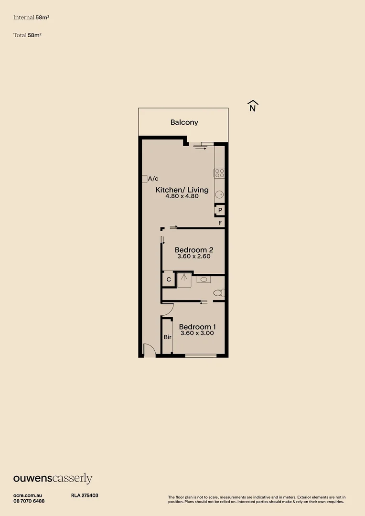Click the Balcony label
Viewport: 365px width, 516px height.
pyautogui.click(x=184, y=122)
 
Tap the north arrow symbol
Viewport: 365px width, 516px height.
pyautogui.click(x=253, y=106)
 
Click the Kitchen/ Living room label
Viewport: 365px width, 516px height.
pyautogui.click(x=182, y=190)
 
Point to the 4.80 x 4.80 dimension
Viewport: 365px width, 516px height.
pyautogui.click(x=182, y=196)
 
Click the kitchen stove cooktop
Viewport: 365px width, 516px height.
pyautogui.click(x=219, y=173)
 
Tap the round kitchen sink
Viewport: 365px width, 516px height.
pyautogui.click(x=219, y=194)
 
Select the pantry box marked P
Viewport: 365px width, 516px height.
pyautogui.click(x=220, y=210)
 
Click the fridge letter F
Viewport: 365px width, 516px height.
pyautogui.click(x=220, y=223)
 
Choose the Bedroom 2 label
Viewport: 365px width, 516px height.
pyautogui.click(x=193, y=250)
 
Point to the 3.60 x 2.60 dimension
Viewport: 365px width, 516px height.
pyautogui.click(x=193, y=257)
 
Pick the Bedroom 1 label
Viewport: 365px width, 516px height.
pyautogui.click(x=197, y=327)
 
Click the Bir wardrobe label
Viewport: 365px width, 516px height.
pyautogui.click(x=167, y=337)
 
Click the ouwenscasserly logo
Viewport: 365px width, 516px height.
pyautogui.click(x=53, y=478)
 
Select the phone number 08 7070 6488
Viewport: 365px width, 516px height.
pyautogui.click(x=29, y=501)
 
